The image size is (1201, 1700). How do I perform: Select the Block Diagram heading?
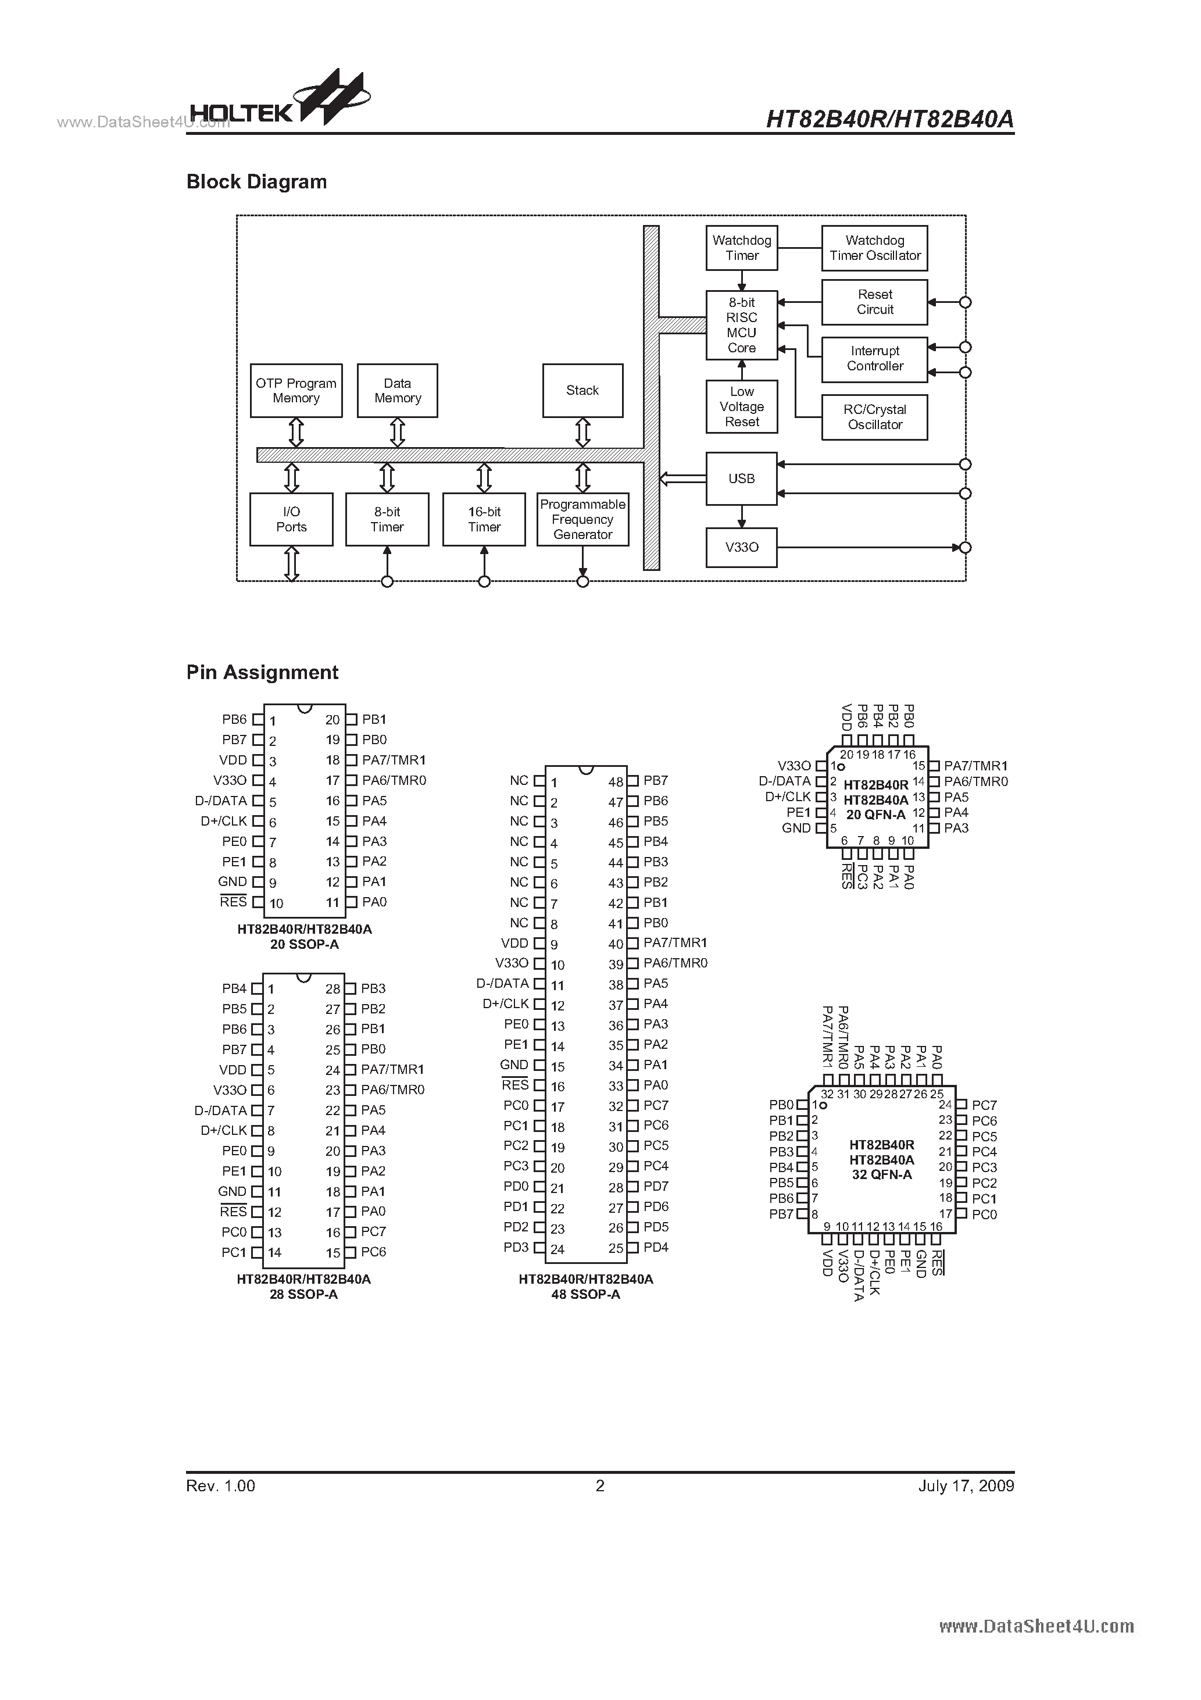pos(256,182)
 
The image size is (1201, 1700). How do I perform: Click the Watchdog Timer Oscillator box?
pos(874,248)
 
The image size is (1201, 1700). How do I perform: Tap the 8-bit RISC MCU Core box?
pos(741,325)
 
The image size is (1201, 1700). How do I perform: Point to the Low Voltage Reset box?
pos(741,406)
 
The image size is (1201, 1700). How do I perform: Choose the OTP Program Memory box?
pos(295,391)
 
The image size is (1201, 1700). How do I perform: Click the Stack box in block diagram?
pos(582,391)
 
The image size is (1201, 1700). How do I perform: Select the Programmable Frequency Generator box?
pos(582,520)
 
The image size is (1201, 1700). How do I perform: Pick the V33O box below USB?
pos(741,547)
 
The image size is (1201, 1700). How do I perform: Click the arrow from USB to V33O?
pos(741,516)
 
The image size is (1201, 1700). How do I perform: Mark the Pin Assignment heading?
pos(262,672)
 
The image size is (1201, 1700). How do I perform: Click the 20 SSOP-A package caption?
pos(305,944)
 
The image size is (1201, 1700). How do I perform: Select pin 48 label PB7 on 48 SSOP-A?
pos(655,780)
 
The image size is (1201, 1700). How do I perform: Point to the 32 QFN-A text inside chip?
pos(881,1174)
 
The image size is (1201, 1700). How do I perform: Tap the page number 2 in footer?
pos(600,1485)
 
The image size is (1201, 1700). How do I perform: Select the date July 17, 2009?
pos(966,1485)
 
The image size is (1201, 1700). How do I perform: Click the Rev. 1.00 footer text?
pos(221,1485)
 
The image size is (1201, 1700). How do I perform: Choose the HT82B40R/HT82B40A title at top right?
pos(889,119)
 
